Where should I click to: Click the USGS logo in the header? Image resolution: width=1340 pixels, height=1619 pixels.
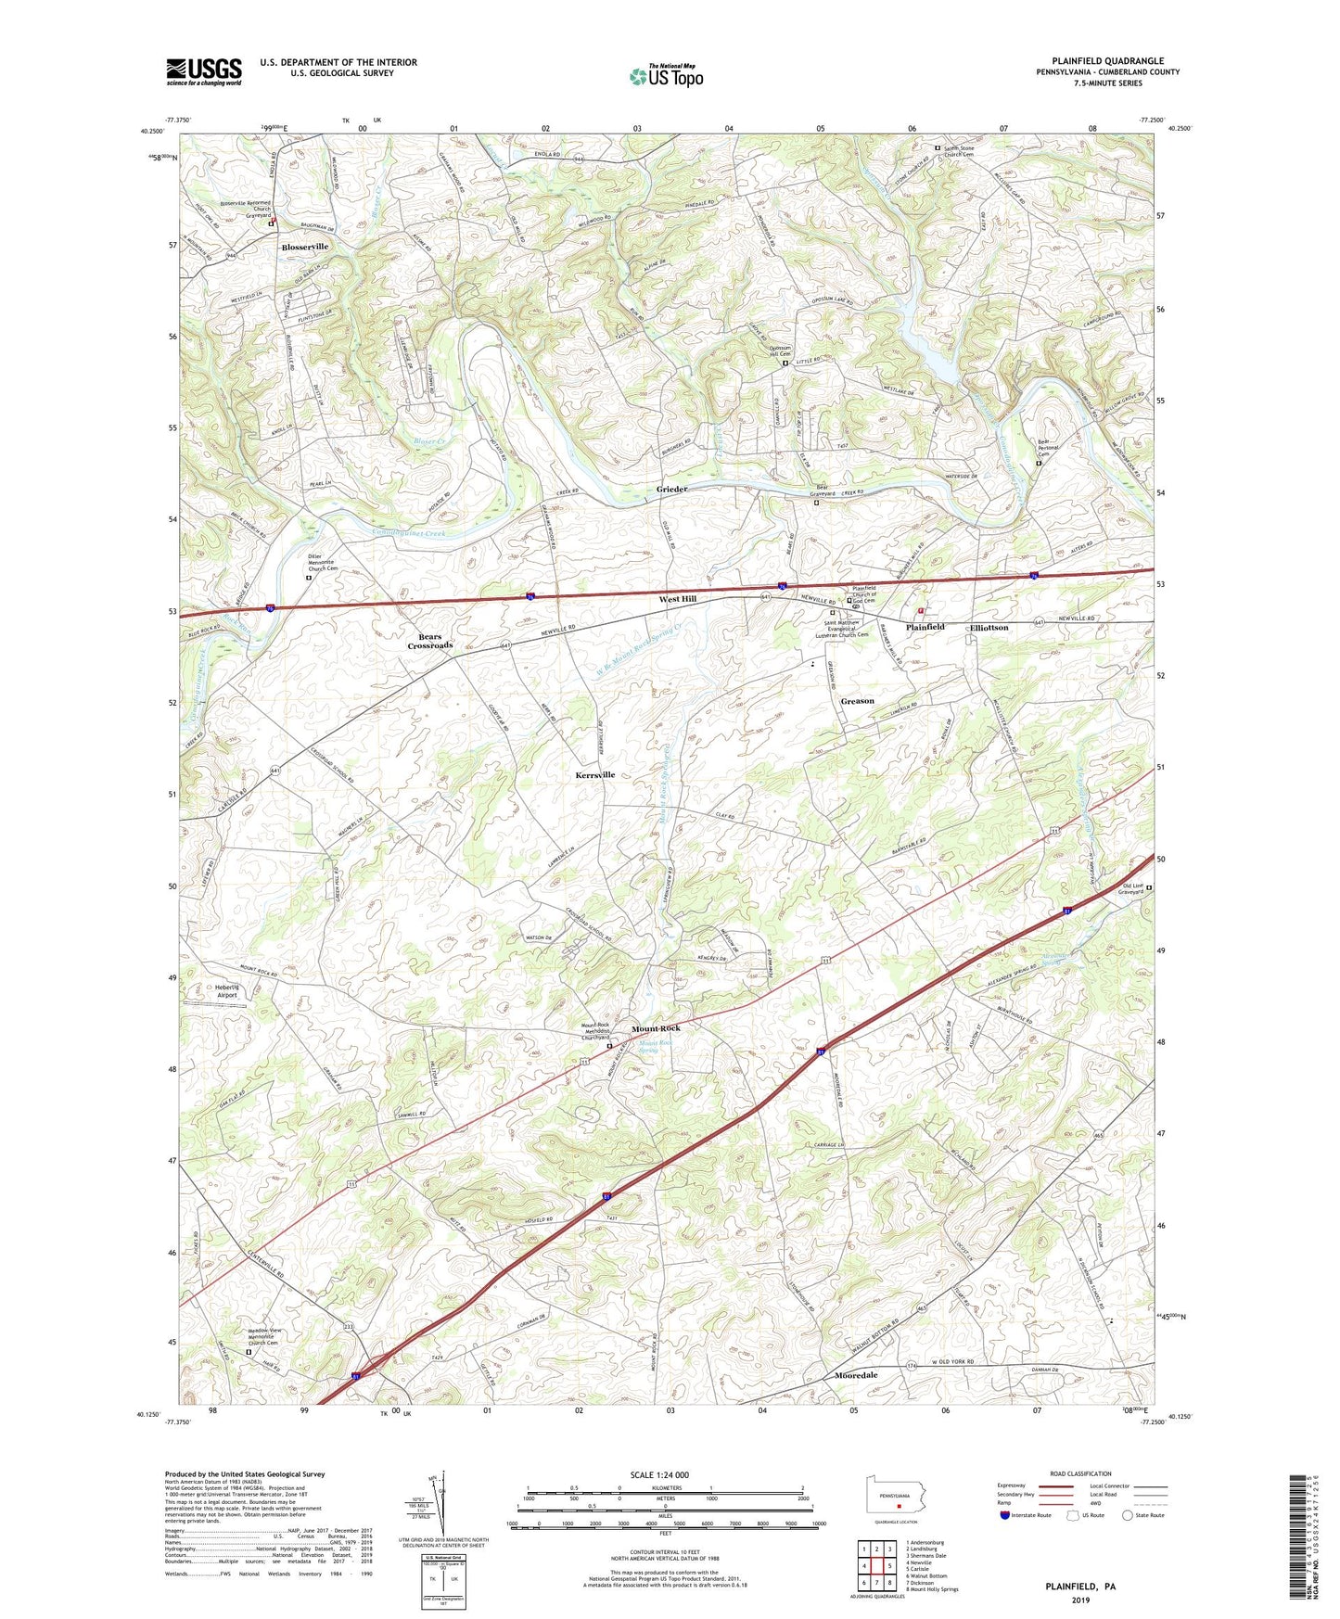[x=204, y=71]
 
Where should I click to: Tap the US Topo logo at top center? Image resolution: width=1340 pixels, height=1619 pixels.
[x=667, y=76]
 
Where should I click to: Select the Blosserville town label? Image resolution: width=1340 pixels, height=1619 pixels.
[x=305, y=248]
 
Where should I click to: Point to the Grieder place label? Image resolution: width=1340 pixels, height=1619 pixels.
[x=672, y=489]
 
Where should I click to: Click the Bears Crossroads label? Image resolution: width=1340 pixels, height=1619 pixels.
[x=429, y=641]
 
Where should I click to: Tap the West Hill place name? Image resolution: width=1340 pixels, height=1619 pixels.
[x=677, y=600]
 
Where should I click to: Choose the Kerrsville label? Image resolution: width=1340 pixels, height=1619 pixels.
[x=594, y=774]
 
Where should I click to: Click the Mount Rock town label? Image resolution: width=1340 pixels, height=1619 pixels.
[x=656, y=1029]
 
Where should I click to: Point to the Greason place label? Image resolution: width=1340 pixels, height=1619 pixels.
[x=857, y=701]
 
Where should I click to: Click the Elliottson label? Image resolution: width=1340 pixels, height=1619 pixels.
[x=989, y=628]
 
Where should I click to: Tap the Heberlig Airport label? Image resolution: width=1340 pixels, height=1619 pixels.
[x=227, y=991]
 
